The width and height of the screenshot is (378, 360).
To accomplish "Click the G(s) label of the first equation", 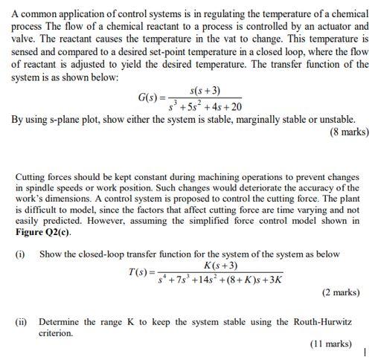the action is (x=152, y=98).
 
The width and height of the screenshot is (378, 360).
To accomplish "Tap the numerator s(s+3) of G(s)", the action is (x=205, y=91).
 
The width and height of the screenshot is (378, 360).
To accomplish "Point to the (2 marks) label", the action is (x=341, y=292).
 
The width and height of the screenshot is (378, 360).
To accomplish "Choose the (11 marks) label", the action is (x=330, y=344).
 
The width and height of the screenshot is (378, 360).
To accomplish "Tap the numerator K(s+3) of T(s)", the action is (x=220, y=266).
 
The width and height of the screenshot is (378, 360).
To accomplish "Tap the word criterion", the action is (x=56, y=333).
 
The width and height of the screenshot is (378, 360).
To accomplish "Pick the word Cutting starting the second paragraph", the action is (x=32, y=177).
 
